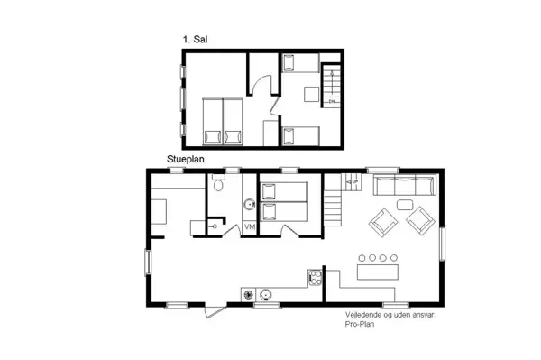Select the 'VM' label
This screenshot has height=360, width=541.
pyautogui.click(x=250, y=227)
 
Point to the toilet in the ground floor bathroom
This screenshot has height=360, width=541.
pyautogui.click(x=218, y=186)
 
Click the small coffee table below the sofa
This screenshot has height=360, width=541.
pyautogui.click(x=399, y=208)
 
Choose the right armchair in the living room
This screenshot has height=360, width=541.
pyautogui.click(x=420, y=218)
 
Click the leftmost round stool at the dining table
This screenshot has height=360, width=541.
pyautogui.click(x=365, y=258)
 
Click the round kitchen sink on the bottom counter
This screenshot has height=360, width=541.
pyautogui.click(x=267, y=293)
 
